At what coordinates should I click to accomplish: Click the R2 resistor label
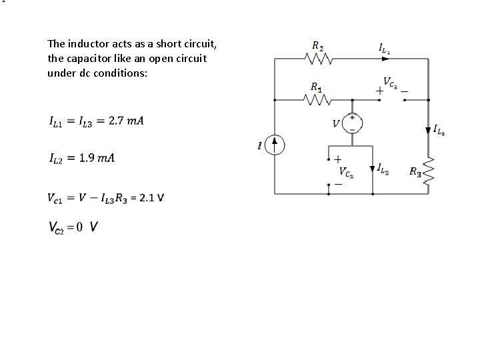click(317, 47)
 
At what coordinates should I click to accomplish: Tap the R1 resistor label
click(317, 87)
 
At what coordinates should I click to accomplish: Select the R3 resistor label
click(415, 173)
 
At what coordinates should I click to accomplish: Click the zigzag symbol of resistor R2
click(318, 60)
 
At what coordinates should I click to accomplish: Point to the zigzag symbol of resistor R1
click(318, 100)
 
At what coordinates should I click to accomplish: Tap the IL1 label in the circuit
click(385, 48)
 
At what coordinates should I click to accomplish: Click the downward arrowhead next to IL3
click(428, 129)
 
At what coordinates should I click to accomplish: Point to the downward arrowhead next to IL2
click(372, 169)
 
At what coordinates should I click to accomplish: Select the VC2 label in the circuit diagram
click(345, 173)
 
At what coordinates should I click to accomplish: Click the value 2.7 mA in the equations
click(126, 121)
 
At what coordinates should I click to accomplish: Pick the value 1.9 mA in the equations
click(97, 158)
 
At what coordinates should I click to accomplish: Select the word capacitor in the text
click(84, 58)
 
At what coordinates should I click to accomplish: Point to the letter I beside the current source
click(259, 146)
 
